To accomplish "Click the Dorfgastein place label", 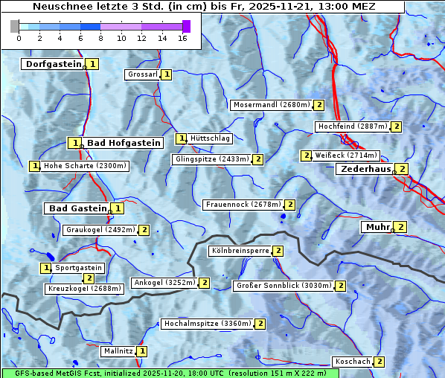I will (53, 64).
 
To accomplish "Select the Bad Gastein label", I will (78, 208).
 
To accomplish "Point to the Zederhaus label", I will (365, 169).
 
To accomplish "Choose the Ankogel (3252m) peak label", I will (164, 283).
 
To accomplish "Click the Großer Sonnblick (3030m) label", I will (283, 285).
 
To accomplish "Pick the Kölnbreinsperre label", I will (240, 251).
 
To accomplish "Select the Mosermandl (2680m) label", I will (271, 105).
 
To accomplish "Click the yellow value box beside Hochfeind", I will (397, 126).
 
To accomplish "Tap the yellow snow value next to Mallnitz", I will (142, 351).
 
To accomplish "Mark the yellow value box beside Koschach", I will (380, 362).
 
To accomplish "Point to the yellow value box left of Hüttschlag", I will (181, 138).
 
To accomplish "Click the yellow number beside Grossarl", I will (167, 74).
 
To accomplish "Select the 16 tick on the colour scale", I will (182, 38).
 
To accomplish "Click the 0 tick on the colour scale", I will (19, 38).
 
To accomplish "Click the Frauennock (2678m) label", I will (243, 204).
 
